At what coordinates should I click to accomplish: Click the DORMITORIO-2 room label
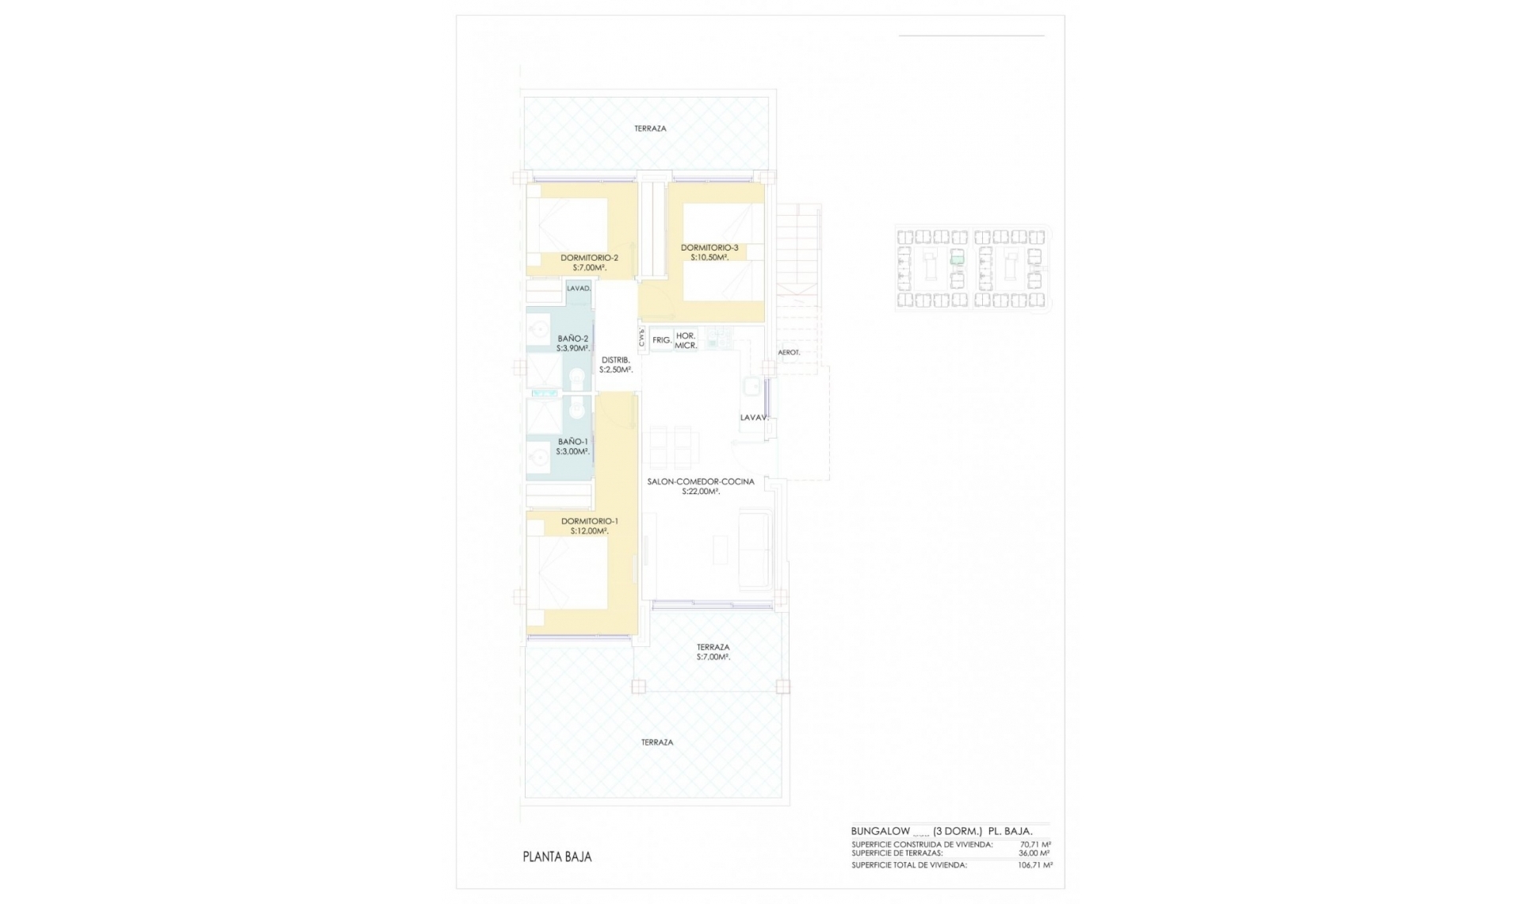(589, 258)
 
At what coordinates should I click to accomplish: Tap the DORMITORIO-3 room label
(709, 248)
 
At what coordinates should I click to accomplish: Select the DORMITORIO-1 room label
(589, 521)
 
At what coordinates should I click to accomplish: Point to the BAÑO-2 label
(573, 339)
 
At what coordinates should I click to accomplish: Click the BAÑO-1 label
(573, 442)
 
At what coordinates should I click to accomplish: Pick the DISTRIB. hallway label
(615, 360)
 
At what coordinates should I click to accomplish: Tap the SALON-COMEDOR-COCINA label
(701, 481)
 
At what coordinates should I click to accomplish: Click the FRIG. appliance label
(662, 340)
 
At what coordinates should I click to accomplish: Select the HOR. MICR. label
(686, 341)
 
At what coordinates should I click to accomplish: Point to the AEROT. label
(789, 352)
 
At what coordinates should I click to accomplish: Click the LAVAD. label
(579, 289)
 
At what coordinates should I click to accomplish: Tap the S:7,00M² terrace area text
(713, 657)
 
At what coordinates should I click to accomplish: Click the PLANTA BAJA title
(556, 856)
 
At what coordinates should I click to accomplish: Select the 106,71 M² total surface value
(1035, 865)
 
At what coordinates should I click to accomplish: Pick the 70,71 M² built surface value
(1035, 845)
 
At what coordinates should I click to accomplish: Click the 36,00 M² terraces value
(1035, 853)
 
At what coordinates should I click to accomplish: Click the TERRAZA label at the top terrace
(650, 128)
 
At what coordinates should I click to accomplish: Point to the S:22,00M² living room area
(701, 492)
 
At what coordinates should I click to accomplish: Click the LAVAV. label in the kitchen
(754, 417)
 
